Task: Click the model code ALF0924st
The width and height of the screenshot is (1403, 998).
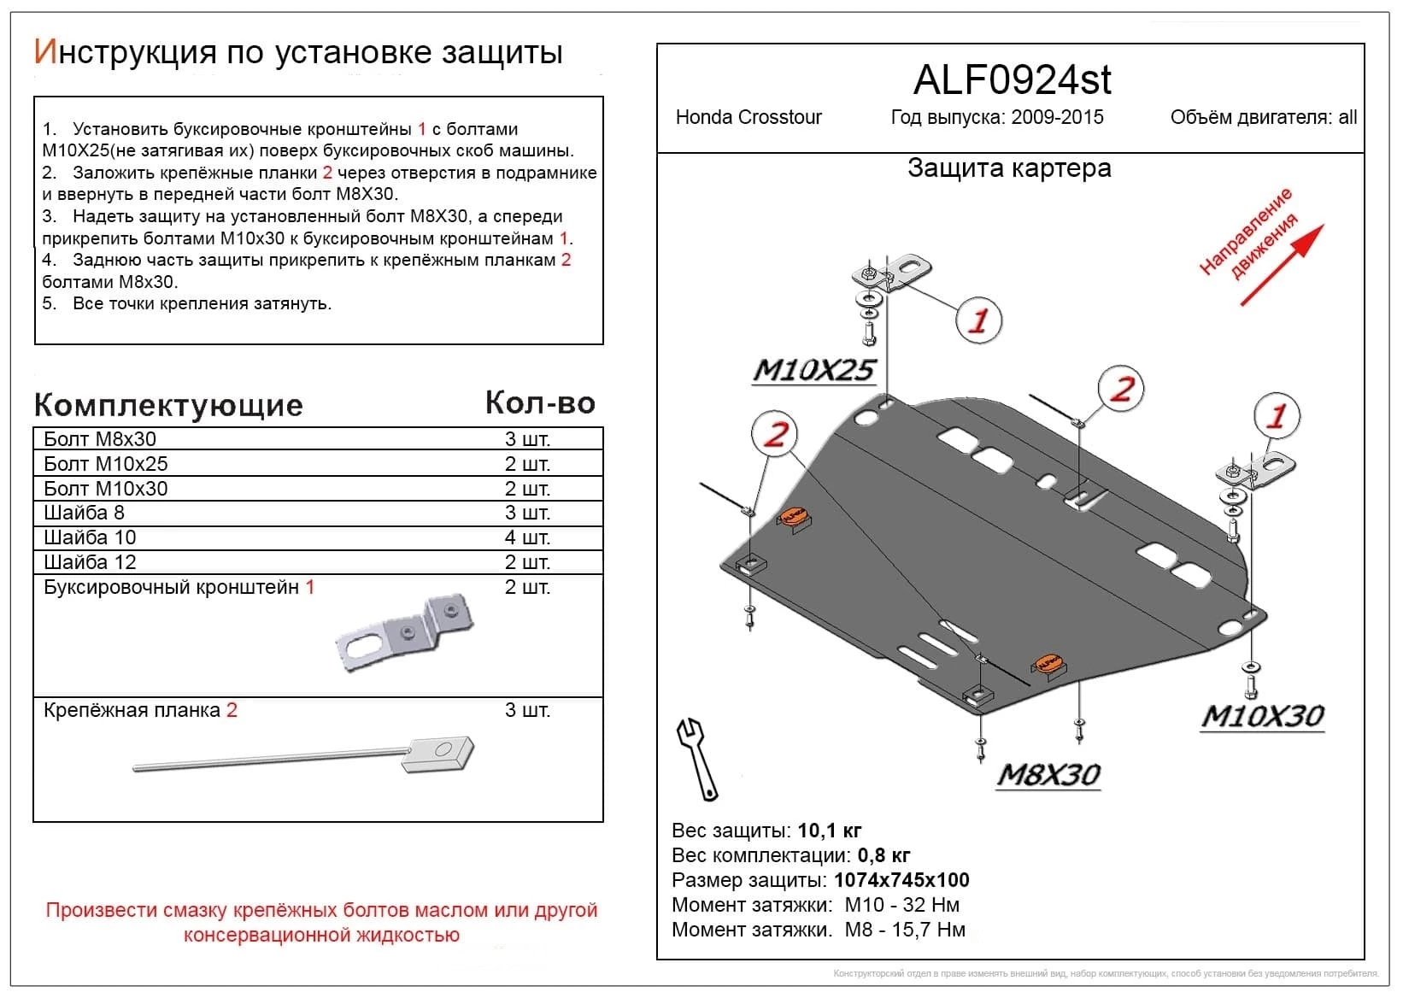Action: [1012, 80]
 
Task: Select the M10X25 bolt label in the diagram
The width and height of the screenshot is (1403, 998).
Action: [813, 370]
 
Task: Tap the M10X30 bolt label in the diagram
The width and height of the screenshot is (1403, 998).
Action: [1262, 716]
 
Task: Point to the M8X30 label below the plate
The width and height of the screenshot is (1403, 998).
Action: [1048, 774]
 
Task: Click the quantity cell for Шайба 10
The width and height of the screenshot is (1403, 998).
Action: [527, 537]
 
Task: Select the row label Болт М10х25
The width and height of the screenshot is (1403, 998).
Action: [106, 464]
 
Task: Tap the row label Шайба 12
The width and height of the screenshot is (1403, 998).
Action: [90, 562]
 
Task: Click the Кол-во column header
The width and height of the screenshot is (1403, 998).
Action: [540, 402]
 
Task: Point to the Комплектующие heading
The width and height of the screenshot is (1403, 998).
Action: [168, 405]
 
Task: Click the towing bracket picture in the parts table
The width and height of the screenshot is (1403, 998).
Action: [405, 632]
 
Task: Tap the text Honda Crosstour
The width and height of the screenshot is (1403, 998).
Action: [748, 117]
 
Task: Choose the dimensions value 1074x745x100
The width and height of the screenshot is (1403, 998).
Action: [901, 880]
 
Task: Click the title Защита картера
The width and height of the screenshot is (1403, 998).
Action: [1009, 168]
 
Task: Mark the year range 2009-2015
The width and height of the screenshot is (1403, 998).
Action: [1057, 117]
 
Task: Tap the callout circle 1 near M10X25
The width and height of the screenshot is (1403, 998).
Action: [977, 320]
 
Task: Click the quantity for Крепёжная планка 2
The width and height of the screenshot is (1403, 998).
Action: [527, 710]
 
